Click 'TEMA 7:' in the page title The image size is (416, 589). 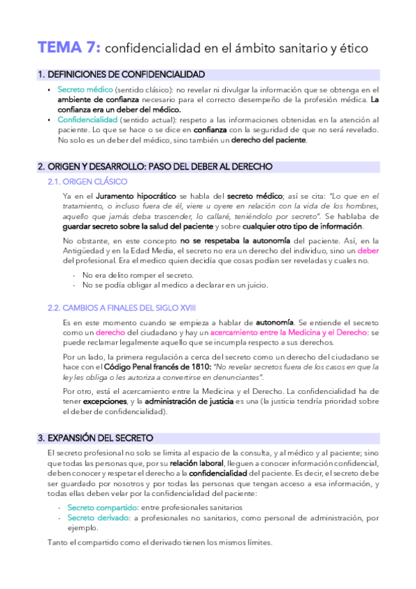(69, 47)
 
